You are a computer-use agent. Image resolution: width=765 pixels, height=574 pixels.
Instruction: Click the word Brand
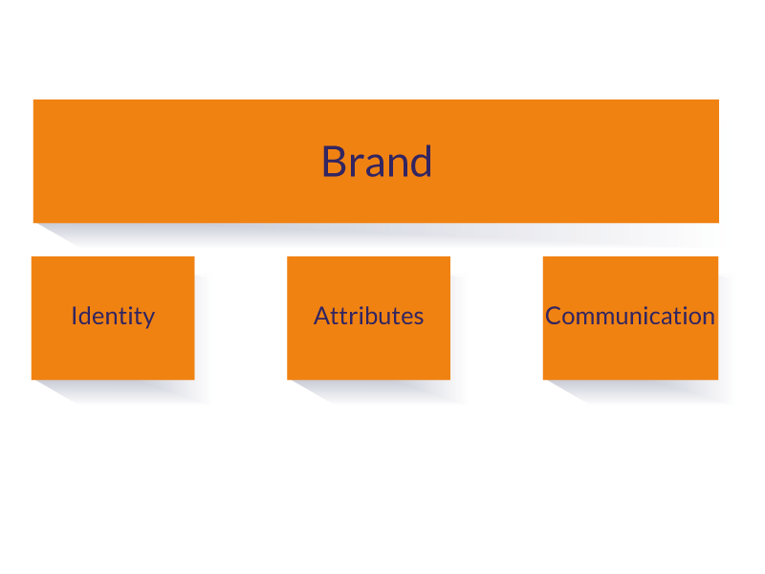(376, 162)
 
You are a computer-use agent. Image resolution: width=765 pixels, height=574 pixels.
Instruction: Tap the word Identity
(113, 316)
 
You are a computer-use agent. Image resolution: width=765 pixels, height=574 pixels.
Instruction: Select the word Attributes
(368, 316)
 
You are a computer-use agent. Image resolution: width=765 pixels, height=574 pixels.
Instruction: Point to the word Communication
(630, 316)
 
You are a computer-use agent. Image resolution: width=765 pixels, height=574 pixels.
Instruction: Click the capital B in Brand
(332, 162)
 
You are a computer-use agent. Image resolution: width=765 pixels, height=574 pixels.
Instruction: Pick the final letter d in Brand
(421, 162)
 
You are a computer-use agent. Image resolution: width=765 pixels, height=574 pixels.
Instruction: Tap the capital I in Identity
(74, 316)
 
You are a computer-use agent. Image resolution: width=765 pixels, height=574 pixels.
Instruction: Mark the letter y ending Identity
(148, 319)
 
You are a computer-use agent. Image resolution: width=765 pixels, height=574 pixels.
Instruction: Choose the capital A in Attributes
(321, 316)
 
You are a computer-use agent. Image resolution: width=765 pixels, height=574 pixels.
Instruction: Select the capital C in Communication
(553, 316)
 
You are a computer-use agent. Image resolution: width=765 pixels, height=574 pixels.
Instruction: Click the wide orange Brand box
(191, 143)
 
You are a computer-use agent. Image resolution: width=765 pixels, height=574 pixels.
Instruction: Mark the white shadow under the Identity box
(143, 393)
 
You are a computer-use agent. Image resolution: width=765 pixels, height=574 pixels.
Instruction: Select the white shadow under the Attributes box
(402, 393)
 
